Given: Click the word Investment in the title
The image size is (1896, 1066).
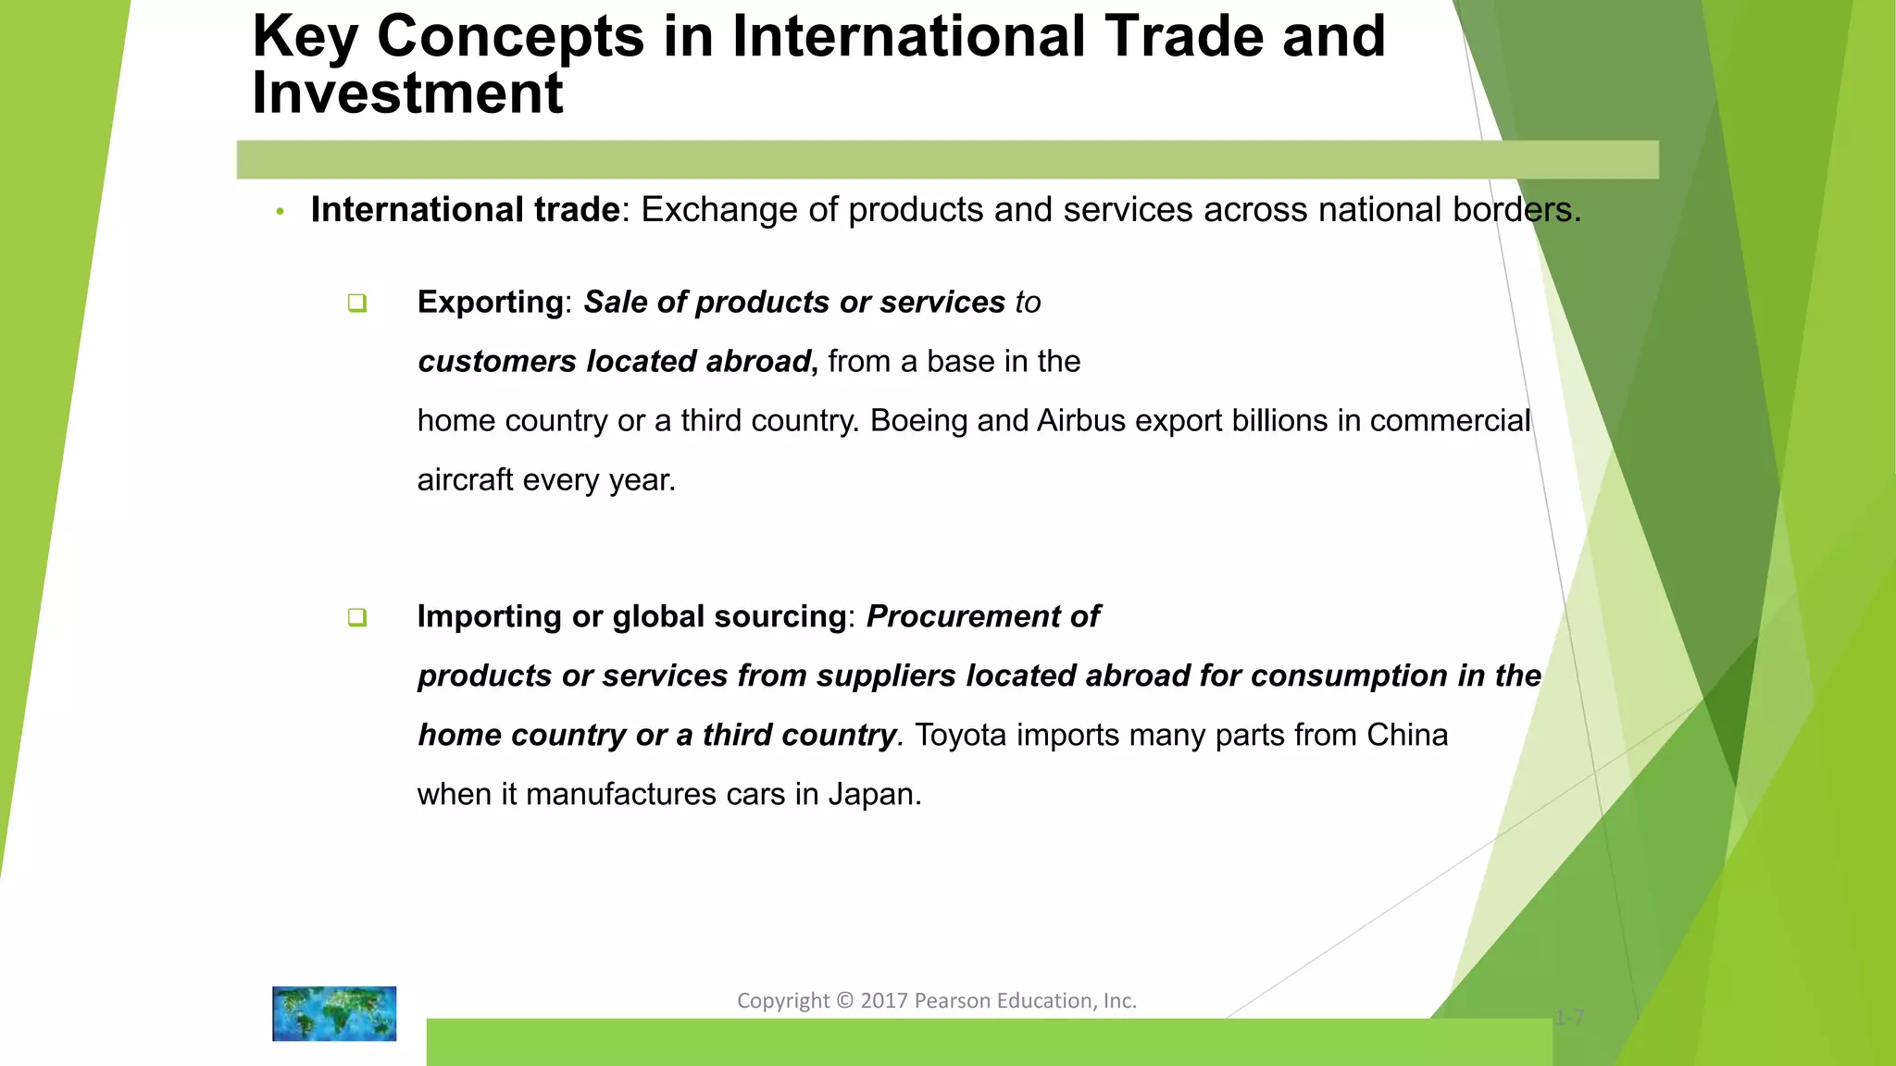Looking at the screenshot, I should click(x=407, y=93).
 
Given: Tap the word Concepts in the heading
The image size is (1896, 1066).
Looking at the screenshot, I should click(x=510, y=37).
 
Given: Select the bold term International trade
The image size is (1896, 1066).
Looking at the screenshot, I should click(x=465, y=210).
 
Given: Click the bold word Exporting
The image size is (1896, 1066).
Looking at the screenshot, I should click(x=490, y=303).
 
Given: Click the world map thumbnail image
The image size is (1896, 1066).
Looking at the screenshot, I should click(x=334, y=1013).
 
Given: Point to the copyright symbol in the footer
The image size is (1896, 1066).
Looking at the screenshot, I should click(x=844, y=1001).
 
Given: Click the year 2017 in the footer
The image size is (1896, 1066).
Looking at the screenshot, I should click(x=884, y=1001).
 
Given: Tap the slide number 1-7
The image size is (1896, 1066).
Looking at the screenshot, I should click(x=1570, y=1019).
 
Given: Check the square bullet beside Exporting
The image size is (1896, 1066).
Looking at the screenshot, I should click(x=357, y=304).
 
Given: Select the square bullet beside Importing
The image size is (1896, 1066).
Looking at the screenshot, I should click(x=357, y=618).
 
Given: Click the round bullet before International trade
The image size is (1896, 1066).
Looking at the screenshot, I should click(x=280, y=212).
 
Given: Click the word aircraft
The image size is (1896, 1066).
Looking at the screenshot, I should click(x=465, y=480).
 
